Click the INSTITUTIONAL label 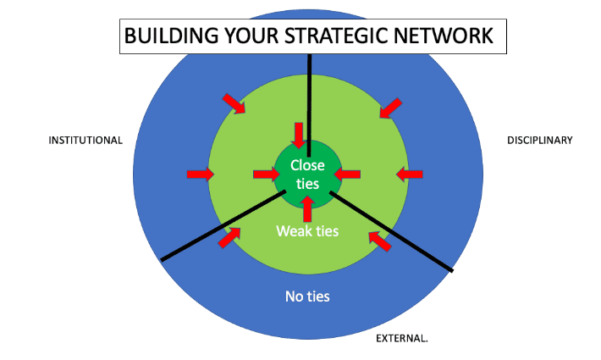pyautogui.click(x=85, y=141)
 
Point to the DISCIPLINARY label pyautogui.click(x=540, y=141)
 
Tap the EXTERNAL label pyautogui.click(x=402, y=339)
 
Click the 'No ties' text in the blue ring pyautogui.click(x=307, y=296)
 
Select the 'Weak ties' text pyautogui.click(x=307, y=231)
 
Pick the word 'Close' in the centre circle pyautogui.click(x=307, y=165)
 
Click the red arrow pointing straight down pyautogui.click(x=298, y=135)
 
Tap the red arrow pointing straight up pyautogui.click(x=307, y=208)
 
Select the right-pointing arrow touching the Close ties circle pyautogui.click(x=267, y=174)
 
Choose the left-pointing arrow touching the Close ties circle pyautogui.click(x=347, y=174)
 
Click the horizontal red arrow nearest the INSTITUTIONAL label pyautogui.click(x=201, y=174)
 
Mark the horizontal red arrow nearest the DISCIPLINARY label pyautogui.click(x=410, y=174)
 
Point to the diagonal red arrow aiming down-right pyautogui.click(x=234, y=103)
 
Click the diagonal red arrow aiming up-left pyautogui.click(x=380, y=241)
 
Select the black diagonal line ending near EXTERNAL pyautogui.click(x=391, y=231)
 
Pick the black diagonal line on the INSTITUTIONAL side pyautogui.click(x=223, y=226)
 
